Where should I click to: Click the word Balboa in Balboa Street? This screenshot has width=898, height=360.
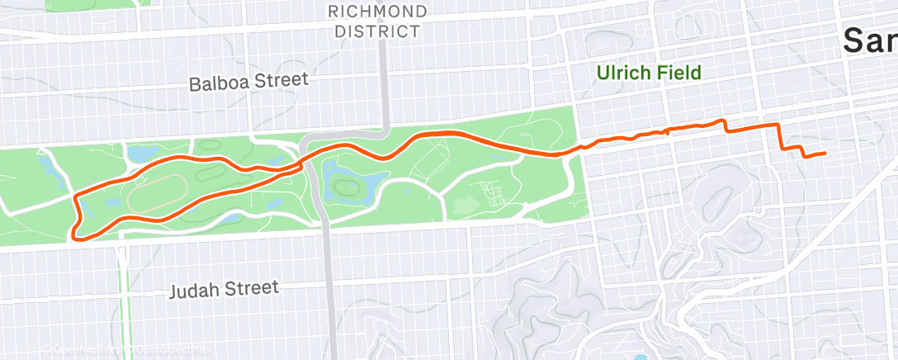click(217, 83)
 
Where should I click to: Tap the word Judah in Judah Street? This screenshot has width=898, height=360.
click(196, 290)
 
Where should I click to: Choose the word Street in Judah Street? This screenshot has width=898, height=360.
click(252, 288)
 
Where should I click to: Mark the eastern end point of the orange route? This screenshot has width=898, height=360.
click(825, 153)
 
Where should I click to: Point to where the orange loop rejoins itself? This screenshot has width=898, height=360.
click(303, 161)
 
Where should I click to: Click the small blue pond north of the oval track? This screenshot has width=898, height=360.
click(138, 154)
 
